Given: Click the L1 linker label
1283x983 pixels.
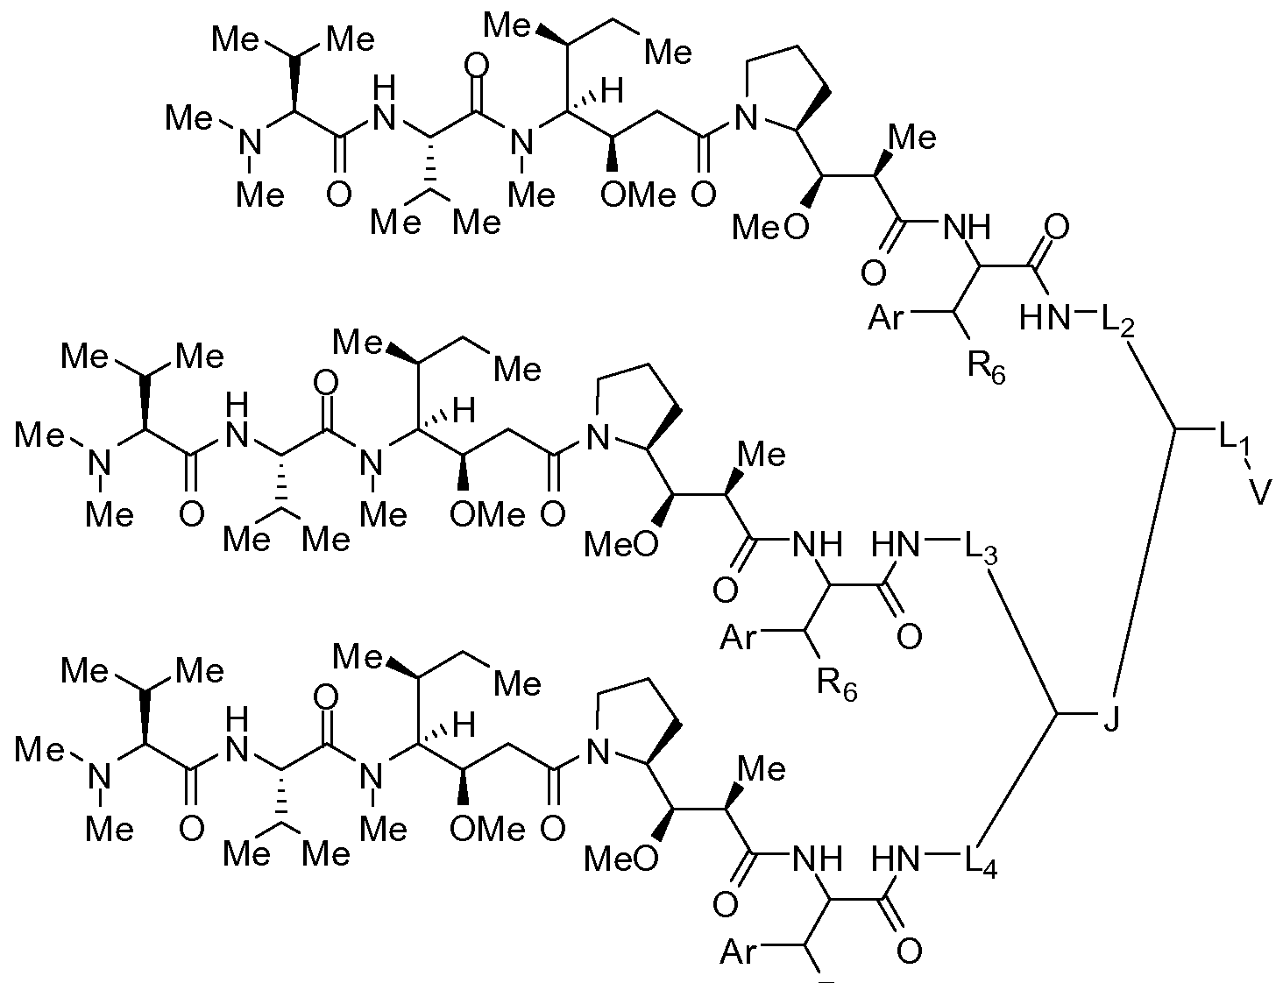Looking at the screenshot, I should click(x=1232, y=442).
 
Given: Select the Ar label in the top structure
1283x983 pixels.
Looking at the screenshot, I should click(x=888, y=317).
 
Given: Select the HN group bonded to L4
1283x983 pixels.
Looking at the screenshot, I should click(x=897, y=860).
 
